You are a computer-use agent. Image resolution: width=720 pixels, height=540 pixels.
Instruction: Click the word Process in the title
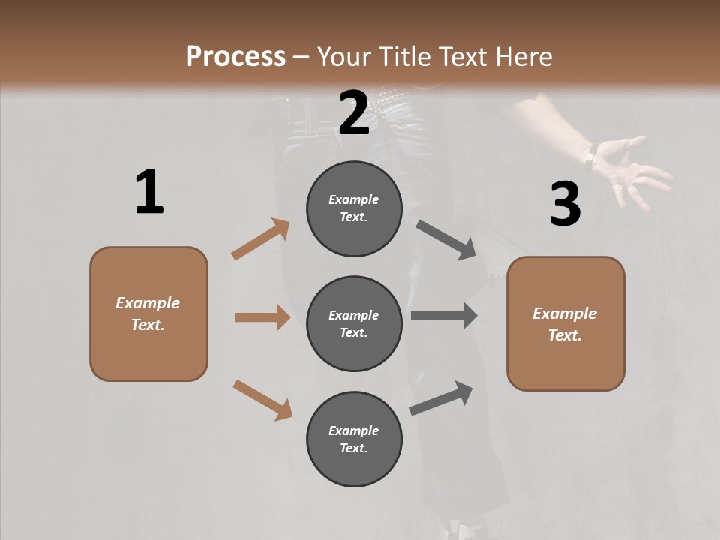pyautogui.click(x=235, y=56)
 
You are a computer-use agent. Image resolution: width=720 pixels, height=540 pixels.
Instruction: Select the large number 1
pyautogui.click(x=149, y=193)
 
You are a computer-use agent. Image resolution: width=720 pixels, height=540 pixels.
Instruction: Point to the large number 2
pyautogui.click(x=354, y=112)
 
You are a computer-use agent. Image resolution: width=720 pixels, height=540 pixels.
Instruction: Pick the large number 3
pyautogui.click(x=565, y=205)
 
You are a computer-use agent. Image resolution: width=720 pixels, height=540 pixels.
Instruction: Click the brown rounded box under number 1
pyautogui.click(x=148, y=313)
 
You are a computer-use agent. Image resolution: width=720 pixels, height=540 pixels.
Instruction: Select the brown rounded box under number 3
pyautogui.click(x=565, y=323)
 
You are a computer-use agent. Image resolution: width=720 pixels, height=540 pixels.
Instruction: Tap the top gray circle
pyautogui.click(x=354, y=208)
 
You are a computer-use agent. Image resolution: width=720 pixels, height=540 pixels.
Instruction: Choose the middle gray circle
pyautogui.click(x=354, y=323)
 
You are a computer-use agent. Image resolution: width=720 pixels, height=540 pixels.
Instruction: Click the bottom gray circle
pyautogui.click(x=354, y=439)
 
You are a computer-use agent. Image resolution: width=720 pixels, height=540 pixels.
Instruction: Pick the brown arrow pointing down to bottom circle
pyautogui.click(x=262, y=399)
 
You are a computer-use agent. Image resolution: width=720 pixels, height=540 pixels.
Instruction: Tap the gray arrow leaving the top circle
pyautogui.click(x=446, y=240)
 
